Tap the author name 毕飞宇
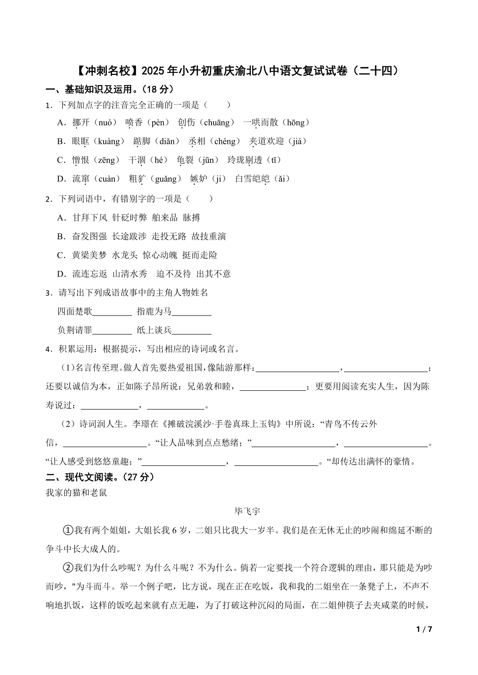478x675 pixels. (247, 511)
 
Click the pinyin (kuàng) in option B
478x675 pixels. (109, 141)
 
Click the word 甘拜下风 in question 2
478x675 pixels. (89, 218)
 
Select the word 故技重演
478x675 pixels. (209, 236)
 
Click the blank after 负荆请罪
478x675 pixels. (112, 331)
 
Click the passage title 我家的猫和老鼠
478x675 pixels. (76, 493)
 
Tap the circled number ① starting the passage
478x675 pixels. (68, 530)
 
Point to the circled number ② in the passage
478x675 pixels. (68, 568)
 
